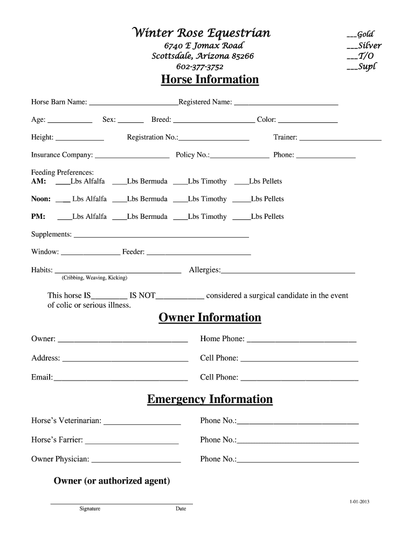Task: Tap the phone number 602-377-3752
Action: tap(200, 67)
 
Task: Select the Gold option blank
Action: tap(351, 36)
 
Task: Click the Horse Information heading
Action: tap(210, 80)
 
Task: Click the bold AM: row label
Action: tap(39, 182)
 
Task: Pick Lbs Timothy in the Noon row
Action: tap(207, 199)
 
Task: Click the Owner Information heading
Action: tap(210, 318)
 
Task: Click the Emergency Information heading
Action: tap(210, 399)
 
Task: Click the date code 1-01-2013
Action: tap(359, 502)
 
